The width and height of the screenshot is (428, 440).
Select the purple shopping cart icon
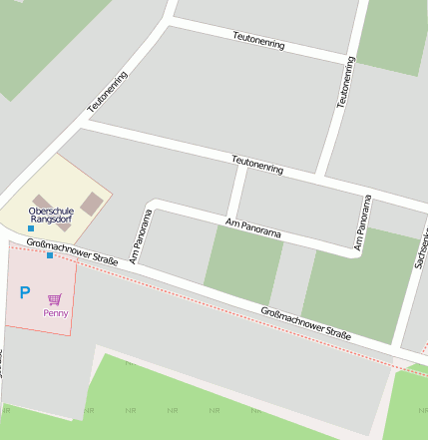pos(55,298)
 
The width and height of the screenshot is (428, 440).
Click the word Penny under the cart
pos(55,312)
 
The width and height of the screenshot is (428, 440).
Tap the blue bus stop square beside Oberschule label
pos(31,228)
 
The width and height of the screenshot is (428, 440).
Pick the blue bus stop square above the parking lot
pos(50,255)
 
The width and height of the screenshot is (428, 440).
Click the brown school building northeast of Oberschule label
pos(92,203)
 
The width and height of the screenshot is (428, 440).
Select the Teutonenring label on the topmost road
pos(258,39)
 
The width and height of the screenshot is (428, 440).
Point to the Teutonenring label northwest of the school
pos(108,91)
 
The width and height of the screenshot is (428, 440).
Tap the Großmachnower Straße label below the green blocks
pos(305,323)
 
